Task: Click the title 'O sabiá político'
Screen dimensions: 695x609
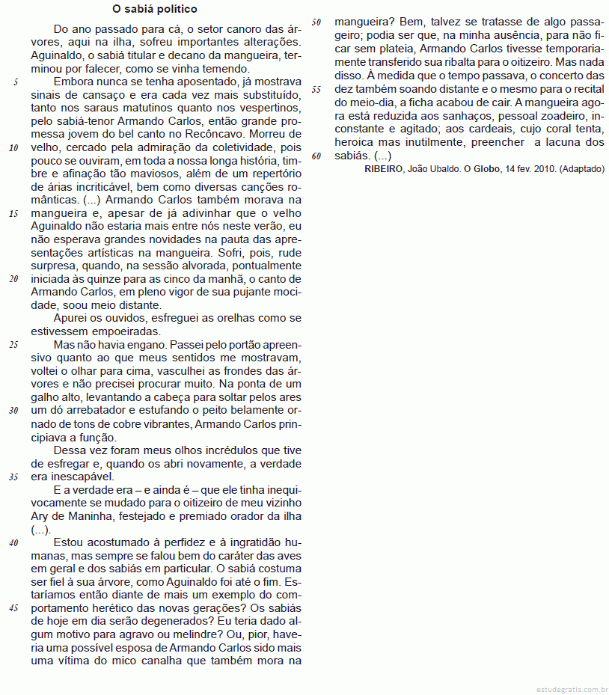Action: click(155, 10)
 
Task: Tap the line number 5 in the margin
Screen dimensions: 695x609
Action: click(16, 82)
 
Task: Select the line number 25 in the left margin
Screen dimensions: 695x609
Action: click(13, 345)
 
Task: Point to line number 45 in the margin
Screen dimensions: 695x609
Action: click(13, 607)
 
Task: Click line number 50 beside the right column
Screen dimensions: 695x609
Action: click(316, 22)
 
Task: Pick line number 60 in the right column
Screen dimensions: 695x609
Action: click(316, 156)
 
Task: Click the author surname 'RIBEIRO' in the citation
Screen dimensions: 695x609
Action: click(385, 169)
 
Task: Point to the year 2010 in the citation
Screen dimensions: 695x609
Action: click(543, 169)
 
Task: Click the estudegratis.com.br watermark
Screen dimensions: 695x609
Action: click(572, 687)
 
